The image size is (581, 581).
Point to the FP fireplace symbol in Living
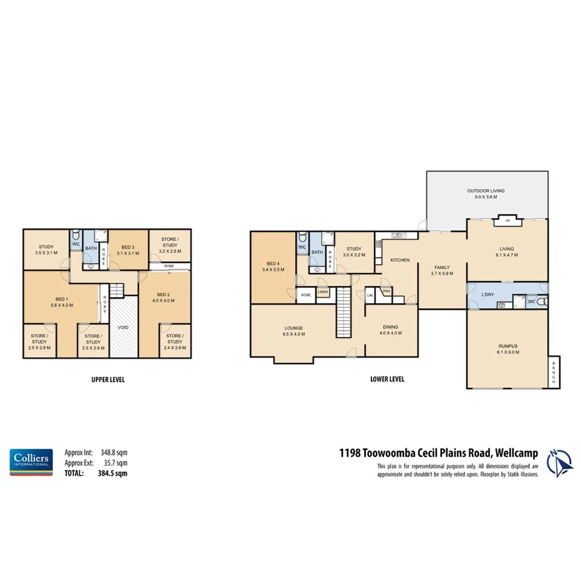coord(507,221)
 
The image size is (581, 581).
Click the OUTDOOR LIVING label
coord(486,191)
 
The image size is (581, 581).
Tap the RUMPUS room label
coord(508,346)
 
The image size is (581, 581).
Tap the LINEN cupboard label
coord(323,292)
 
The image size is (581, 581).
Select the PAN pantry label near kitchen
coord(387,290)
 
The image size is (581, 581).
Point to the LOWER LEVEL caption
coord(388,379)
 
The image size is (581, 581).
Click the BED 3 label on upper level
coord(128,247)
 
